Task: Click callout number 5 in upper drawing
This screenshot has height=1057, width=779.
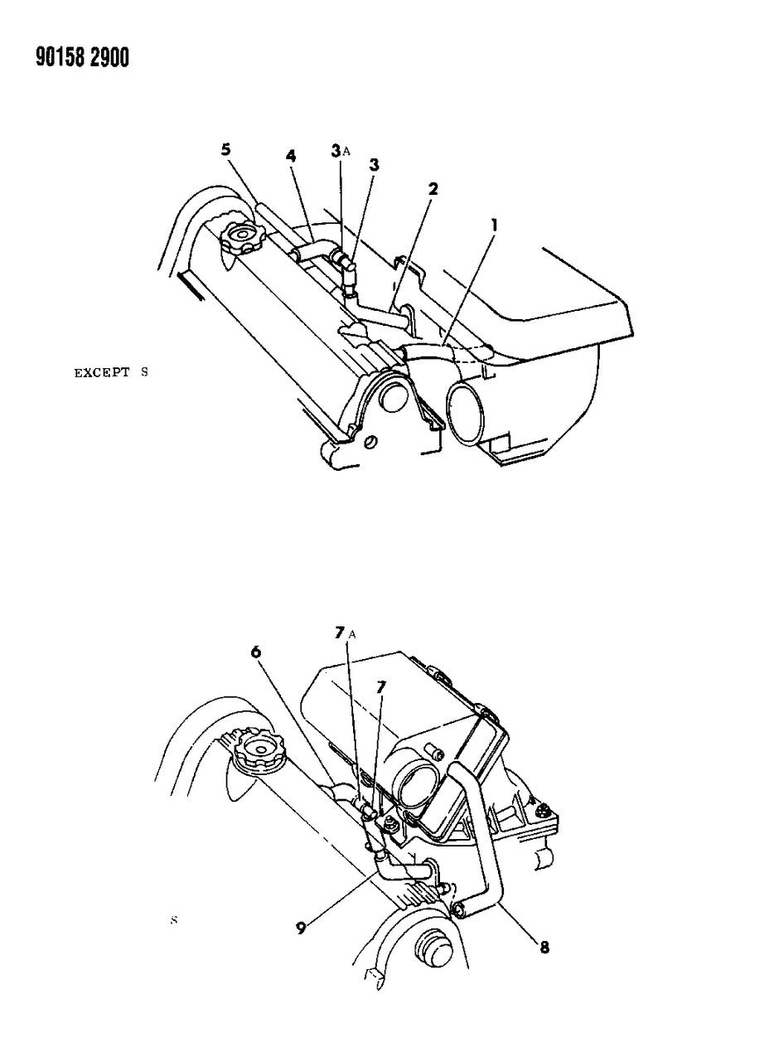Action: [225, 150]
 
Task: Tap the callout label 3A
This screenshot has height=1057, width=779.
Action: [338, 150]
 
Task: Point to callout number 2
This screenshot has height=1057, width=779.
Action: [433, 189]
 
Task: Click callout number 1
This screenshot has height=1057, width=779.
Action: [494, 225]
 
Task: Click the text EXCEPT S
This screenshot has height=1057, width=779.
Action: [110, 372]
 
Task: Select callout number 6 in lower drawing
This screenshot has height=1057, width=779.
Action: [256, 652]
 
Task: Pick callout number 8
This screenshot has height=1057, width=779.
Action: [544, 946]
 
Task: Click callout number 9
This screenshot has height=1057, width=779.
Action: [302, 929]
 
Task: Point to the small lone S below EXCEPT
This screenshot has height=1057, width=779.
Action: [174, 920]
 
